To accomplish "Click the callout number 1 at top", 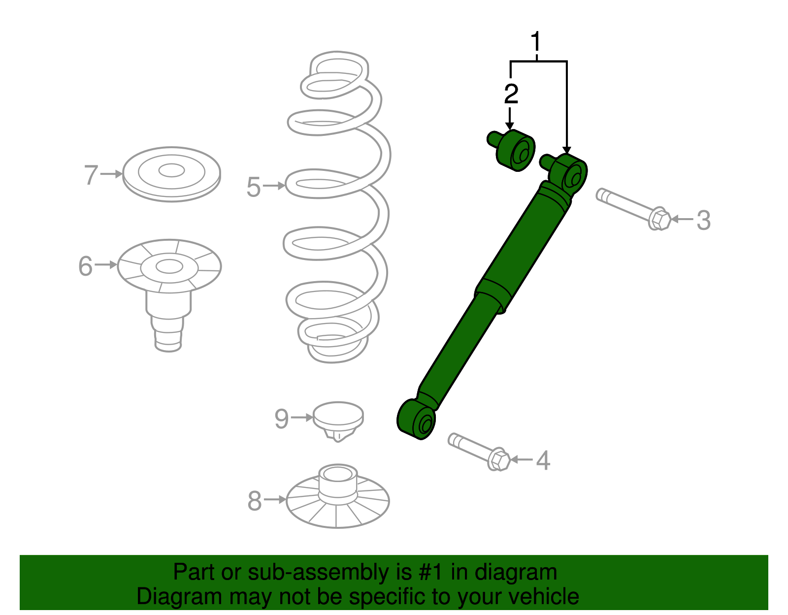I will [x=536, y=42].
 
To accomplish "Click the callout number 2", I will [x=511, y=94].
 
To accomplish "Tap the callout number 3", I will [x=704, y=220].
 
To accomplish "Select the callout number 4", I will [x=543, y=460].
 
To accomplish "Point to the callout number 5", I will [x=253, y=187].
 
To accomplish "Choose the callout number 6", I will [x=85, y=266].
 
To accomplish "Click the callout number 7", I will [x=91, y=175].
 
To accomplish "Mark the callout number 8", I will [x=254, y=501].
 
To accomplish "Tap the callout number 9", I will [x=281, y=419].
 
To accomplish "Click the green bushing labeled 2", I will [x=515, y=151].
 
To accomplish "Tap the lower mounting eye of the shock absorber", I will [x=418, y=420].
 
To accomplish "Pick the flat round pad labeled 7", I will [x=171, y=173].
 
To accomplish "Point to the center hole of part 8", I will [x=337, y=474].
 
